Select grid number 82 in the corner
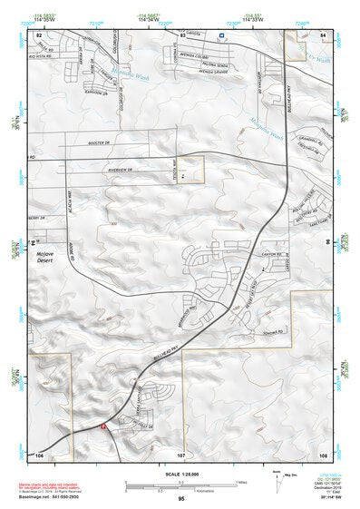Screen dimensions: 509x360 click(x=39, y=34)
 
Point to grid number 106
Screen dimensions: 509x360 click(x=39, y=453)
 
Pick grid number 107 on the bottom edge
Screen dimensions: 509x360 click(x=181, y=453)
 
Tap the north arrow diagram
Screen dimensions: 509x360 click(x=277, y=481)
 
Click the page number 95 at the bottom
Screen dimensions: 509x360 click(x=182, y=499)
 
